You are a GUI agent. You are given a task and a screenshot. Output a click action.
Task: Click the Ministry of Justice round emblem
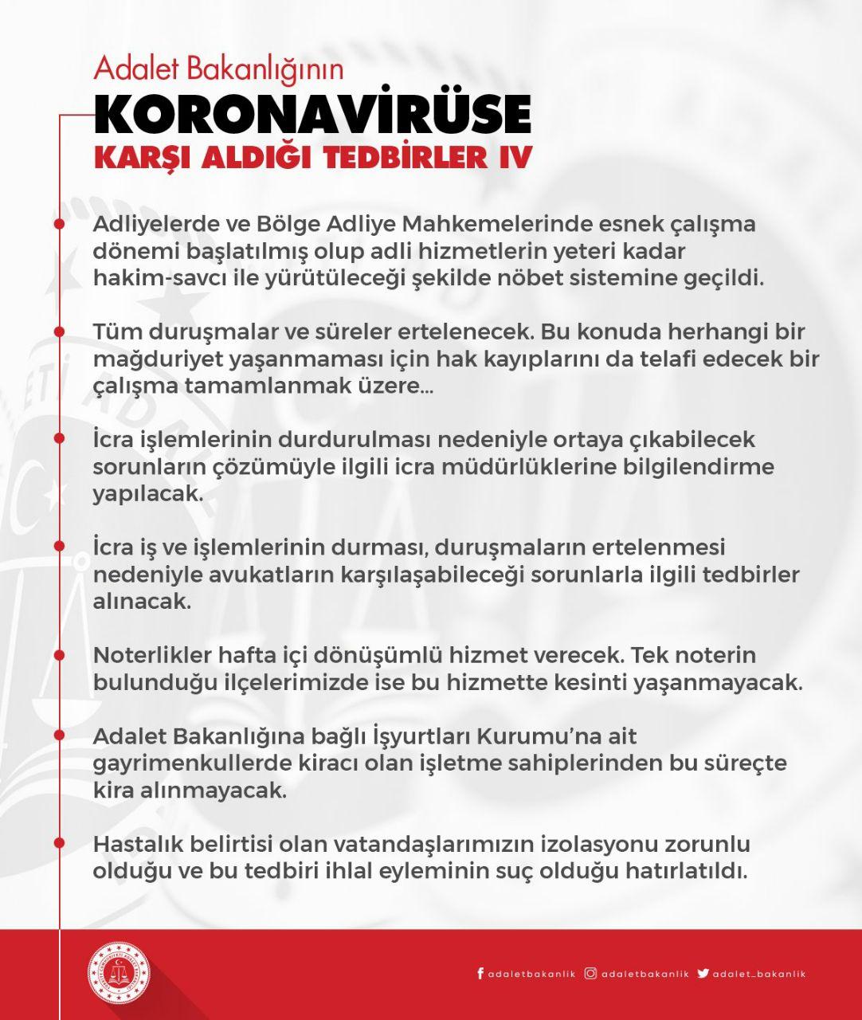click(119, 973)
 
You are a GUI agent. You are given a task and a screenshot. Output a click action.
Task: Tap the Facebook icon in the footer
click(480, 973)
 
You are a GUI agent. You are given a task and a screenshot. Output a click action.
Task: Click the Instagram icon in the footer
click(590, 973)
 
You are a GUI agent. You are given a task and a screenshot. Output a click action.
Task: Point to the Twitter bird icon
click(703, 973)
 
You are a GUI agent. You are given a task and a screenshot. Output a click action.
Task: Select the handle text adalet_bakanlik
click(760, 974)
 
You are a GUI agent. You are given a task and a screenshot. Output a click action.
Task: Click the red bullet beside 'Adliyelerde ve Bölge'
click(59, 224)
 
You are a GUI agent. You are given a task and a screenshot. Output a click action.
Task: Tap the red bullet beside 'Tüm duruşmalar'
click(59, 331)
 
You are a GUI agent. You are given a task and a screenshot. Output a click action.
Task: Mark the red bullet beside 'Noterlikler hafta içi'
click(59, 655)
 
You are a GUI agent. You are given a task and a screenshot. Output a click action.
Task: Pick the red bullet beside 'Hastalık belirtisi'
click(59, 843)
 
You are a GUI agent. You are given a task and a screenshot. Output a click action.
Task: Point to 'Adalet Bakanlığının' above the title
click(218, 69)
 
